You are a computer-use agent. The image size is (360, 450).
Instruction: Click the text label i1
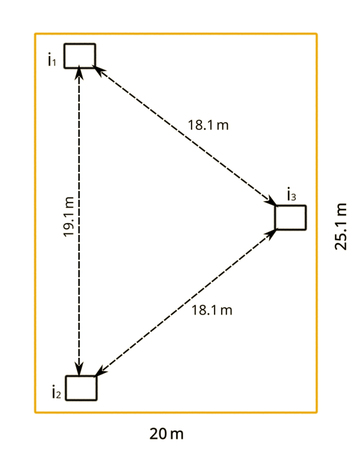click(x=52, y=59)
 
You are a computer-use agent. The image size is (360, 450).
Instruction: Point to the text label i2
click(x=56, y=392)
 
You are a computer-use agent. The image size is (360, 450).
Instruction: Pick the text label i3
click(x=291, y=194)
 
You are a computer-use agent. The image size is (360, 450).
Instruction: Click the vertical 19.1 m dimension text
click(x=69, y=217)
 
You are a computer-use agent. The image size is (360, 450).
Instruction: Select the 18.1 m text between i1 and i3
click(x=208, y=125)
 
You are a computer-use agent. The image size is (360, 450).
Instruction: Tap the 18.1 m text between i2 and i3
click(x=212, y=310)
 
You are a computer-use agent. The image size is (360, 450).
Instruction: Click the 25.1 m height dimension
click(x=341, y=226)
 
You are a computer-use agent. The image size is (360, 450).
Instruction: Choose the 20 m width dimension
click(x=166, y=434)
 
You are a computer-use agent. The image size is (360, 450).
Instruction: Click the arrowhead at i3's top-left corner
click(x=271, y=202)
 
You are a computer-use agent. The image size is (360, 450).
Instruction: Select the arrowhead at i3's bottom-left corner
click(x=271, y=233)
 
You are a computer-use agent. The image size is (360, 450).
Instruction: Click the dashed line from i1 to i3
click(x=185, y=136)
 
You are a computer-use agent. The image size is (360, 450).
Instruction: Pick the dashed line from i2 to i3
click(x=186, y=303)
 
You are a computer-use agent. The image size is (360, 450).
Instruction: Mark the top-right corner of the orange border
click(x=317, y=34)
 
